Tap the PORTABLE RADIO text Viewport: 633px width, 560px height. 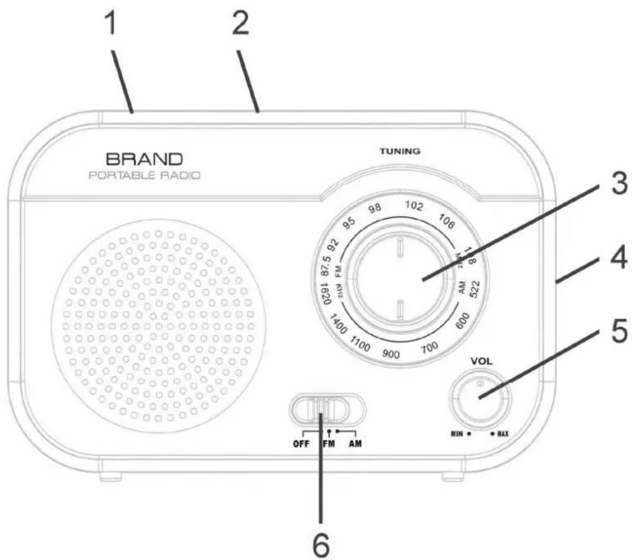tap(145, 176)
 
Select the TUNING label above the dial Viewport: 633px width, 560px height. tap(400, 151)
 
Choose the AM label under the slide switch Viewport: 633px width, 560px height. tap(355, 444)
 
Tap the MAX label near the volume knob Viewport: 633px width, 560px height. tap(501, 434)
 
